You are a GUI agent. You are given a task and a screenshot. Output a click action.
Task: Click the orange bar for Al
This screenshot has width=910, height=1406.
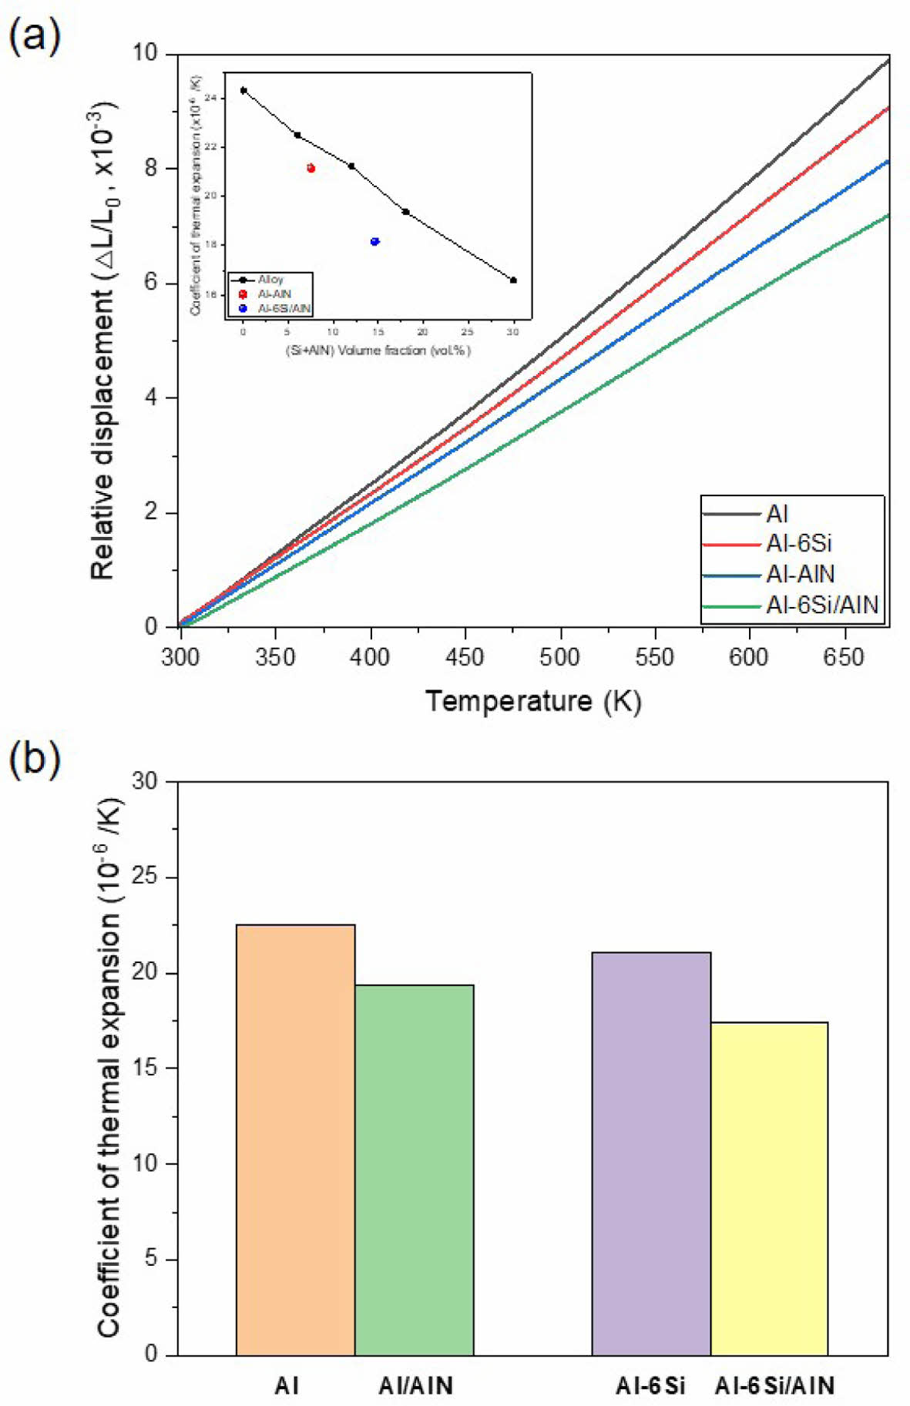[x=295, y=1139]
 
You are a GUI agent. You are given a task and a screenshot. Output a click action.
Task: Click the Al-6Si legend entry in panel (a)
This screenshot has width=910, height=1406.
[x=798, y=544]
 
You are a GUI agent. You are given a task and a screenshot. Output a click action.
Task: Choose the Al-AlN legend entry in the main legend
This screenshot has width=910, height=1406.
[x=800, y=575]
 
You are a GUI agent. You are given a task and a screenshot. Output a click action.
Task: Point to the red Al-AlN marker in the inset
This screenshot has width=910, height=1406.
[x=311, y=168]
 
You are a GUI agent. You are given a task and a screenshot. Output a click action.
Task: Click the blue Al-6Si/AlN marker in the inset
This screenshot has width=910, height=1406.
[x=375, y=242]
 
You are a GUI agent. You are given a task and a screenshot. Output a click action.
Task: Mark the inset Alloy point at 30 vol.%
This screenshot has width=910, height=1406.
[x=513, y=280]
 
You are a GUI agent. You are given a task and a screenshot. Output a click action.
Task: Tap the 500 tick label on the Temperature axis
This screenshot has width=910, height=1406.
[x=560, y=658]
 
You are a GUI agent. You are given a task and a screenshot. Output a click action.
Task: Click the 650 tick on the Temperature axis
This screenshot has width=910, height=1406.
[x=845, y=658]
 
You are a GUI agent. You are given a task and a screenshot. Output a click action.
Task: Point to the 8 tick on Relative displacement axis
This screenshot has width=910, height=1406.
[x=151, y=168]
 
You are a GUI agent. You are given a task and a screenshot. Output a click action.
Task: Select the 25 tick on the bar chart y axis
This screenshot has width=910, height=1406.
[x=145, y=877]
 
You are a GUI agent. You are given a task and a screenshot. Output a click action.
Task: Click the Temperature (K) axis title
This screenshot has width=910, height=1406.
[x=533, y=701]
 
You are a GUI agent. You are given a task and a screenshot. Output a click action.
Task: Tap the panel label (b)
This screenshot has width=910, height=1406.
[x=34, y=759]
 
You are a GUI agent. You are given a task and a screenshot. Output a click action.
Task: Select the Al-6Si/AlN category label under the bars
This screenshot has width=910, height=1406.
[x=774, y=1386]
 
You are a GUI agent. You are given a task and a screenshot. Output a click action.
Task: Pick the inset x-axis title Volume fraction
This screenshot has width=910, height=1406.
[x=378, y=351]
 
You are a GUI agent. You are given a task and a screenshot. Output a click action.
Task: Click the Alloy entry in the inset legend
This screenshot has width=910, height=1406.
[x=270, y=280]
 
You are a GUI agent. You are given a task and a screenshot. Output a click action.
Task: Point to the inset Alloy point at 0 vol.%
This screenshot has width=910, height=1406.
[x=243, y=90]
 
